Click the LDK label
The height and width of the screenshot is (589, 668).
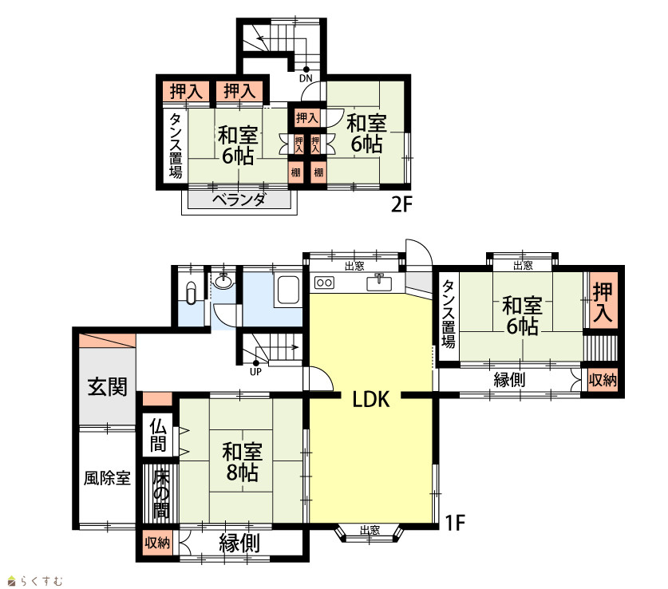[371, 399]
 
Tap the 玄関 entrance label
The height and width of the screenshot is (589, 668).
[108, 387]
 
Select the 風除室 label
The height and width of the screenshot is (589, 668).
[107, 478]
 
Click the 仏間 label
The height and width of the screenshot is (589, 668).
[158, 435]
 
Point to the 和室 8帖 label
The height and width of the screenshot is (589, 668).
[242, 462]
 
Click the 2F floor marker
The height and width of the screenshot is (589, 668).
[402, 205]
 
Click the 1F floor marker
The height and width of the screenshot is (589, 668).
[455, 523]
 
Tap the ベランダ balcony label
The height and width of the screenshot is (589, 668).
[239, 200]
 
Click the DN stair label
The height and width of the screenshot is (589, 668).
[306, 78]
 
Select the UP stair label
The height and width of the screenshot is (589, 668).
[255, 371]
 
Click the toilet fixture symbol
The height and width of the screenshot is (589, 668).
[192, 293]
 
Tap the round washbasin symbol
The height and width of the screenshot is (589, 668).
[223, 281]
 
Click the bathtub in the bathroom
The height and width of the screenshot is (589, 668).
[288, 290]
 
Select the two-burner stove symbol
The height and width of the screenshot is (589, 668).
[324, 283]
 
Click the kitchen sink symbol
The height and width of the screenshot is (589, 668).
[379, 283]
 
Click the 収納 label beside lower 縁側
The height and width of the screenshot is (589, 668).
[157, 543]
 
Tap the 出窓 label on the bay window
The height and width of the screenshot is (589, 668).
[370, 530]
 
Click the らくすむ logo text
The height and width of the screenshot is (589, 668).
[42, 581]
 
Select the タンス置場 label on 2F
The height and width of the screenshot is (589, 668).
[176, 145]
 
